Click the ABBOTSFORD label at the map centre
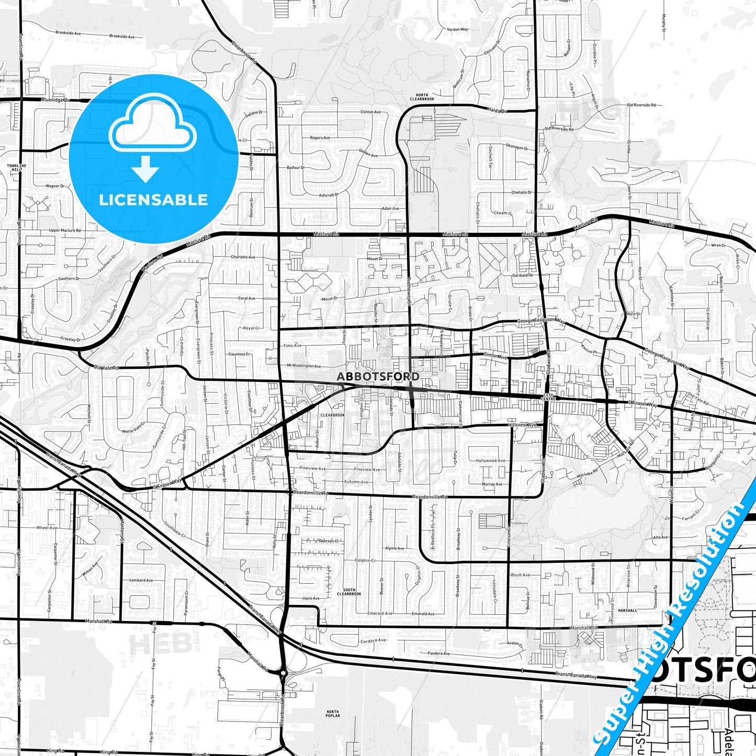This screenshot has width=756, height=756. (x=378, y=376)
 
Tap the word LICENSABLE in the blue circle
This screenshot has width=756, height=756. (x=153, y=200)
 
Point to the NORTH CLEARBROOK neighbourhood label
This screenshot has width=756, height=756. (x=422, y=97)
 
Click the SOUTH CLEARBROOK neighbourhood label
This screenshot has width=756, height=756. (x=349, y=592)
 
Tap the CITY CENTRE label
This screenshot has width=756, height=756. (x=548, y=397)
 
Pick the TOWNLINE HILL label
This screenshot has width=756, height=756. (x=15, y=167)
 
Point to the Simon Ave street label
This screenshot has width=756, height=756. (x=495, y=356)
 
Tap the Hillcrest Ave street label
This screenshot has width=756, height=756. (x=522, y=425)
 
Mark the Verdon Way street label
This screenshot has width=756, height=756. (x=457, y=29)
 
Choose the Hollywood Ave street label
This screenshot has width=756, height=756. (x=490, y=460)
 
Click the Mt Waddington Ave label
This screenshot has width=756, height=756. (x=303, y=366)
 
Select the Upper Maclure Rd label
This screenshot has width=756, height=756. (x=64, y=230)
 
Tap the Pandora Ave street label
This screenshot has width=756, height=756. (x=438, y=653)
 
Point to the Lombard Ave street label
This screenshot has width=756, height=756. (x=141, y=580)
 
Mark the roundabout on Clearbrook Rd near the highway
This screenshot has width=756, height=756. (x=283, y=673)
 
